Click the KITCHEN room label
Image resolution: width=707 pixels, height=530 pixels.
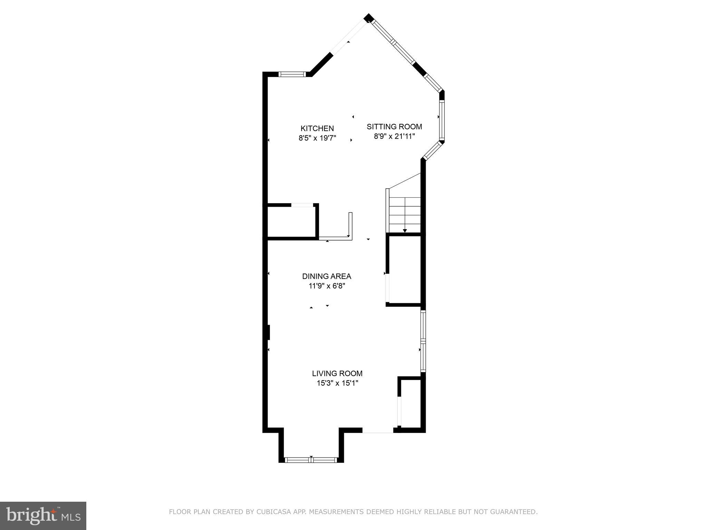pyautogui.click(x=317, y=128)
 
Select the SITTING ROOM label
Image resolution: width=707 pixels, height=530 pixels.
pyautogui.click(x=394, y=127)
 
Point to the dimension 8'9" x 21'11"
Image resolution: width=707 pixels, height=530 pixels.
pyautogui.click(x=394, y=136)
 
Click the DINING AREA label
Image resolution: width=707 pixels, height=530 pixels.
pyautogui.click(x=327, y=276)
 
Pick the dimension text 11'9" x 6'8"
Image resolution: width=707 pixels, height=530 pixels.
pyautogui.click(x=327, y=286)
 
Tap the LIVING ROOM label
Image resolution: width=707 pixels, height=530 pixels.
pyautogui.click(x=337, y=373)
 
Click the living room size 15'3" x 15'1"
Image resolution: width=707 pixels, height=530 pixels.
pyautogui.click(x=337, y=383)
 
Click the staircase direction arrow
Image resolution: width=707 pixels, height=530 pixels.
pyautogui.click(x=405, y=230)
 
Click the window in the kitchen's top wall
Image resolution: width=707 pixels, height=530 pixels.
pyautogui.click(x=292, y=74)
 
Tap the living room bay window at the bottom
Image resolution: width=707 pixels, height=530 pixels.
pyautogui.click(x=311, y=460)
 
